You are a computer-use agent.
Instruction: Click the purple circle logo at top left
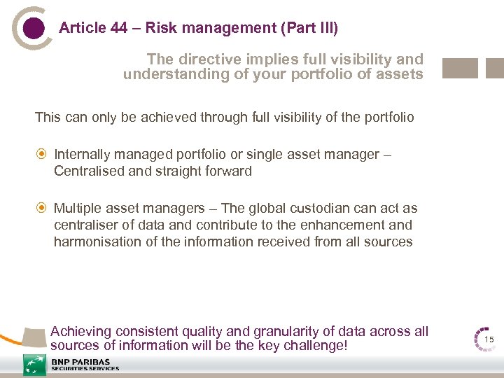tap(33, 28)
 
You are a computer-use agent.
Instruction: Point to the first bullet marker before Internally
tap(41, 154)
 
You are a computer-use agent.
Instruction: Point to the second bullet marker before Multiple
tap(41, 209)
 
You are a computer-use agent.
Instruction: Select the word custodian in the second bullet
tap(305, 209)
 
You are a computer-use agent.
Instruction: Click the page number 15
tap(489, 339)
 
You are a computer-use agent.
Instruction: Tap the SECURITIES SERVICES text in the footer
tap(85, 369)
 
